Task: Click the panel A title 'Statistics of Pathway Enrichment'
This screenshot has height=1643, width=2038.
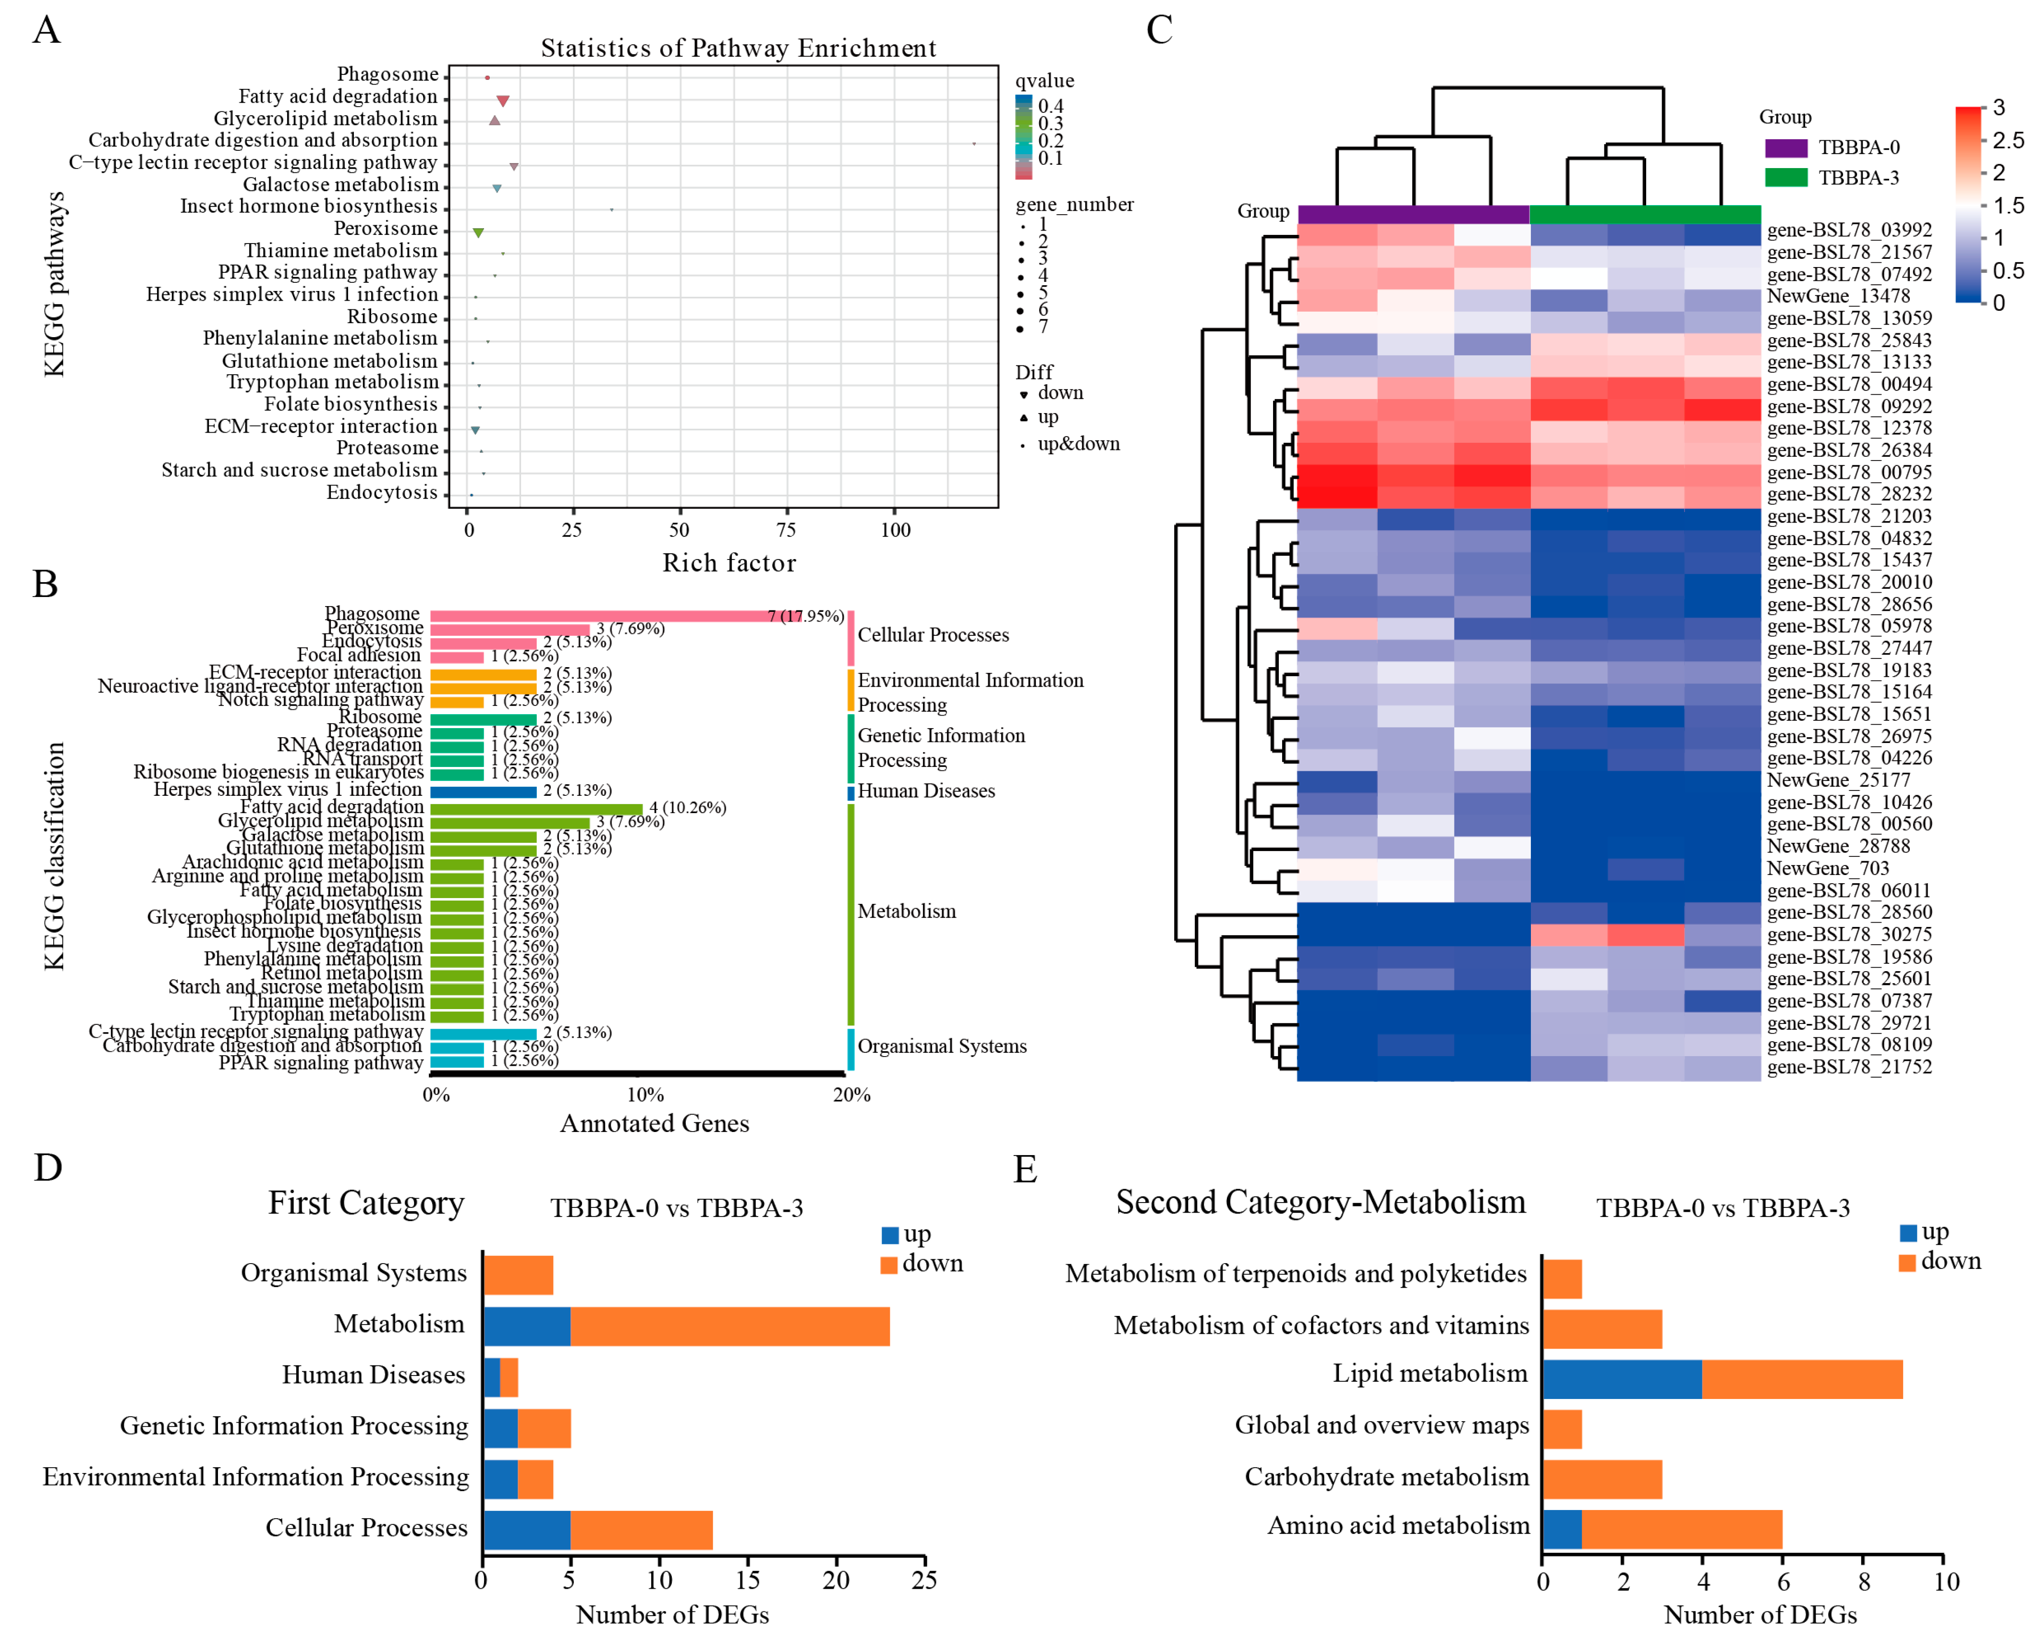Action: [x=738, y=49]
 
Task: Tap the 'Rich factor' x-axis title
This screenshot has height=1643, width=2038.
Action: [x=728, y=563]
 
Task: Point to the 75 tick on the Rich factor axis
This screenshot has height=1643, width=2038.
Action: [x=785, y=530]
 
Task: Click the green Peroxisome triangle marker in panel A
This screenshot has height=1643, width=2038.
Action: [x=479, y=233]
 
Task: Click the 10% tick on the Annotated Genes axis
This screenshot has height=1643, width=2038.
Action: [x=645, y=1095]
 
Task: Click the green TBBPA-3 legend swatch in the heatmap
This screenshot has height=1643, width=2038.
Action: [x=1785, y=178]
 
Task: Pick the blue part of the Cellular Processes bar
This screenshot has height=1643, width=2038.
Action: [x=526, y=1530]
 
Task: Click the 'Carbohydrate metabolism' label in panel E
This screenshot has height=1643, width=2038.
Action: [x=1386, y=1477]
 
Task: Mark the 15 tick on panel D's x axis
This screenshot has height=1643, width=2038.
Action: [x=748, y=1581]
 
